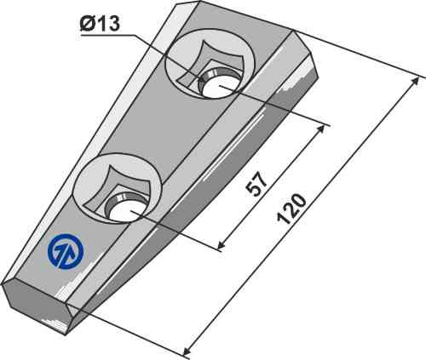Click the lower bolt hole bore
pyautogui.click(x=123, y=207)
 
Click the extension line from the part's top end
pyautogui.click(x=358, y=53)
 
